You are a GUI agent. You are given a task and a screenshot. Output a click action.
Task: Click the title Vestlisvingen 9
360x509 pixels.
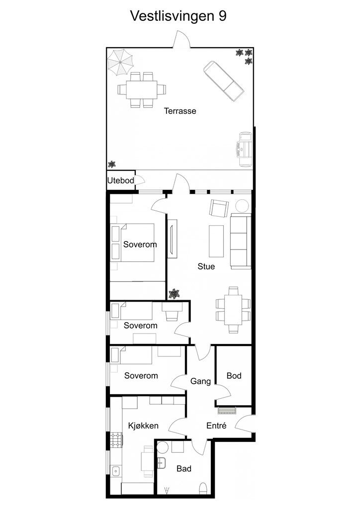pos(178,15)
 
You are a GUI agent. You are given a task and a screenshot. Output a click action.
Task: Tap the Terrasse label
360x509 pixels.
pos(180,111)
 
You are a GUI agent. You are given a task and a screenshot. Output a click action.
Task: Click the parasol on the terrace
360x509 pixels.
pos(120,62)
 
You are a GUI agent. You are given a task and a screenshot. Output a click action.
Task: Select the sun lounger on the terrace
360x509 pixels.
pos(223,81)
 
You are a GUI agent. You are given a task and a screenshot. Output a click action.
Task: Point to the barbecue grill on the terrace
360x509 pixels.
pos(246,149)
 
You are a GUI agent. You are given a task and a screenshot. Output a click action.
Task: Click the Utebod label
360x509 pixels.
pos(121,180)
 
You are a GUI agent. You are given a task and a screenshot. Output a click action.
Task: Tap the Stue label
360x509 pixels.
pos(206,266)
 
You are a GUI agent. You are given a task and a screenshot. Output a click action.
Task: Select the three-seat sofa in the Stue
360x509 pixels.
pos(241,242)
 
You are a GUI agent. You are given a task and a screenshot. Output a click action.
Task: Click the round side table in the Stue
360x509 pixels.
pos(242,206)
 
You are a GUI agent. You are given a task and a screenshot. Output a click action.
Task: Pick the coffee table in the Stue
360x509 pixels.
pos(216,241)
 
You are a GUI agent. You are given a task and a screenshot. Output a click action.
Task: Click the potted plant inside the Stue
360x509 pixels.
pos(175,294)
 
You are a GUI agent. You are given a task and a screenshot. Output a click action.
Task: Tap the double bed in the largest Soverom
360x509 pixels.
pos(132,243)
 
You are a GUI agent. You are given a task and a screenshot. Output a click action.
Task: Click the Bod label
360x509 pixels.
pos(234,376)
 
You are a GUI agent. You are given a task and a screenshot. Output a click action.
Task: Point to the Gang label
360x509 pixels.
pos(200,381)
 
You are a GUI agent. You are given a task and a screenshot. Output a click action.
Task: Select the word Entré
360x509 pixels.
pos(216,425)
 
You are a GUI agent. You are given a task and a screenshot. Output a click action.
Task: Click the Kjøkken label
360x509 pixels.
pos(143,425)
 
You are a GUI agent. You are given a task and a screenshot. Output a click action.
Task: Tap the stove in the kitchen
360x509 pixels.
pos(116,440)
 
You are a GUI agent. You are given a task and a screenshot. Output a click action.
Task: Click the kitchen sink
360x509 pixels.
pos(115,471)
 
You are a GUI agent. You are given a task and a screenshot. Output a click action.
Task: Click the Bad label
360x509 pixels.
pos(184,469)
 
